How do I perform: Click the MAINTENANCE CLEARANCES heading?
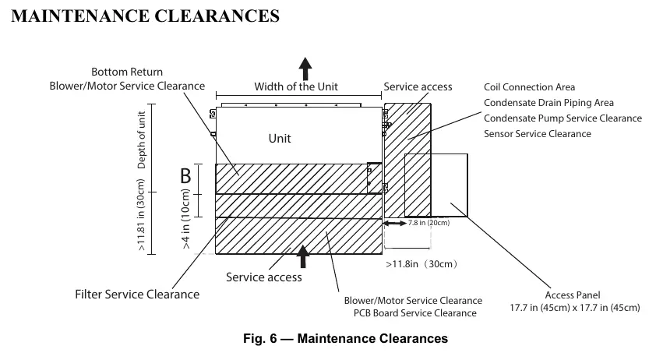[145, 16]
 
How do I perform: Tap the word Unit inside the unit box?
[280, 139]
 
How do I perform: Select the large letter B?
[185, 176]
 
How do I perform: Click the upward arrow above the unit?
[305, 69]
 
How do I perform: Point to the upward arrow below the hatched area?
[303, 256]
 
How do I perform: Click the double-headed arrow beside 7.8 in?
[395, 224]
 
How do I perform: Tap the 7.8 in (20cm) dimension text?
[429, 223]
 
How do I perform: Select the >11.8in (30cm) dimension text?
[421, 264]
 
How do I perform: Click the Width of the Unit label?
[296, 86]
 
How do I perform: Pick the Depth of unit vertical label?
[142, 139]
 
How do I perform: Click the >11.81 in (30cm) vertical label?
[141, 215]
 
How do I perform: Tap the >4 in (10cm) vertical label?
[185, 219]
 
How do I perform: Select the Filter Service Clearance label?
[137, 295]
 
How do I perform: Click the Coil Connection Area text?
[529, 87]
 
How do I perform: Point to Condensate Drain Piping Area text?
[548, 103]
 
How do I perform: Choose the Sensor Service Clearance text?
[537, 133]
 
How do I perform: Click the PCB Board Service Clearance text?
[415, 313]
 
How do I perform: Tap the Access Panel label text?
[573, 295]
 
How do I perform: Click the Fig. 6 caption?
[346, 338]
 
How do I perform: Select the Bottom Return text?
[127, 72]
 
